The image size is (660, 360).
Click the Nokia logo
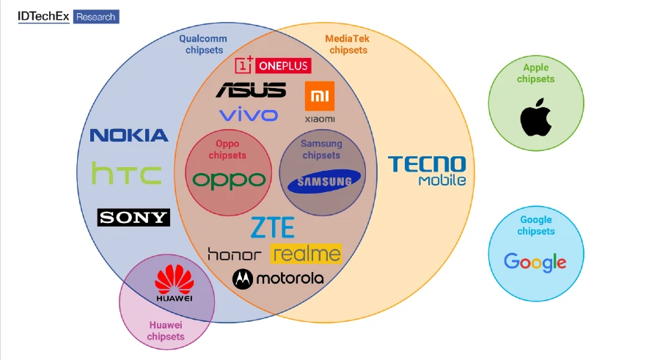point(129,135)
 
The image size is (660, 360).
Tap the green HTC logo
point(127,175)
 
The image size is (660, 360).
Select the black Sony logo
point(133,217)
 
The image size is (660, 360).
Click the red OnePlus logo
point(273,65)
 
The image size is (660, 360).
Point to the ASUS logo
point(251,90)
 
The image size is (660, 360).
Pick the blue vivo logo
point(249,114)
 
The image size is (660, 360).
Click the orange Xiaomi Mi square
point(319,96)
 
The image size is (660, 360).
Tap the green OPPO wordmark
point(229,179)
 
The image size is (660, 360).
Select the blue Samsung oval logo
point(324,181)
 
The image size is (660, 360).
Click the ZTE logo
point(272,228)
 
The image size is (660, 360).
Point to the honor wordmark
point(234,254)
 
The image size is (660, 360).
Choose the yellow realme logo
point(306,254)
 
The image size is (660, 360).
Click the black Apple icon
point(536,117)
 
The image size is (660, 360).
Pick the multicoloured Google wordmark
point(535,261)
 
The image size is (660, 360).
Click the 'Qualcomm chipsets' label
point(203,45)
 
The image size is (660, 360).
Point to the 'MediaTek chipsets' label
point(348,45)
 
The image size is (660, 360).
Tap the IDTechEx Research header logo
point(68,16)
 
